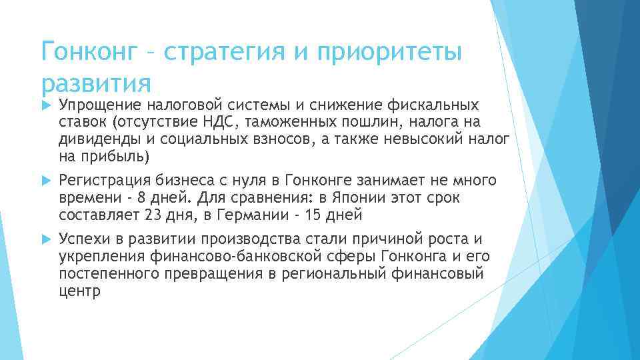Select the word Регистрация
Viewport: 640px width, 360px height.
(x=104, y=181)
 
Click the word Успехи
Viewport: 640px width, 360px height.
(x=81, y=240)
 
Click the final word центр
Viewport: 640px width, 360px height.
(x=79, y=291)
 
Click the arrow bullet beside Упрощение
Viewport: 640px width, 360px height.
(x=45, y=105)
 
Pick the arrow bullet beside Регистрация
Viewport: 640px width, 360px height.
(x=45, y=181)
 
